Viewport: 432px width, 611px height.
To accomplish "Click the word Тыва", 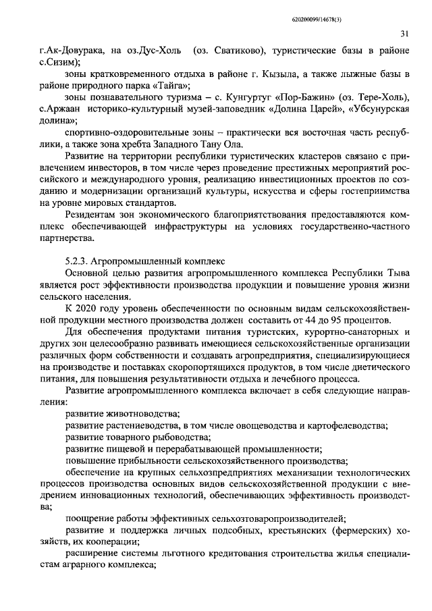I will tap(397, 272).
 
